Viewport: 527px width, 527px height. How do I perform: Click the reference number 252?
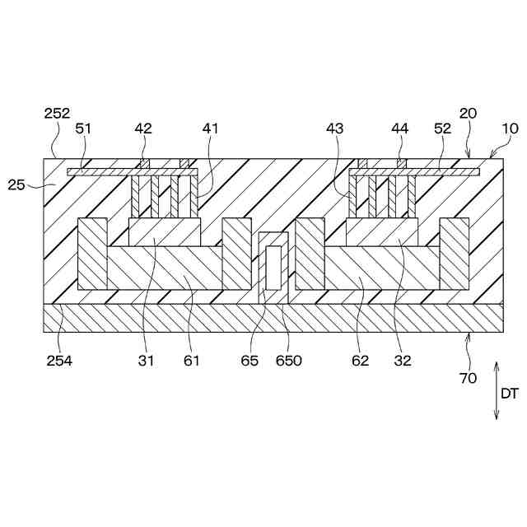[58, 114]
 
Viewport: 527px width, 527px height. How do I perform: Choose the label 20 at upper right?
[468, 114]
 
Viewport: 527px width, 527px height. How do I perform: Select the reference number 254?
[58, 360]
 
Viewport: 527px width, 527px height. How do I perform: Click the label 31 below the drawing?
[145, 360]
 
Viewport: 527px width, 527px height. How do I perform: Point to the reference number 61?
[191, 360]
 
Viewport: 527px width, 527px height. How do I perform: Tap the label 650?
[289, 360]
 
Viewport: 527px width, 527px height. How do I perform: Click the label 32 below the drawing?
[403, 360]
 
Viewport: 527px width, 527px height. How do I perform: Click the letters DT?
[511, 393]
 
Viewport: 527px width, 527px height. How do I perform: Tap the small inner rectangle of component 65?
[273, 266]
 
